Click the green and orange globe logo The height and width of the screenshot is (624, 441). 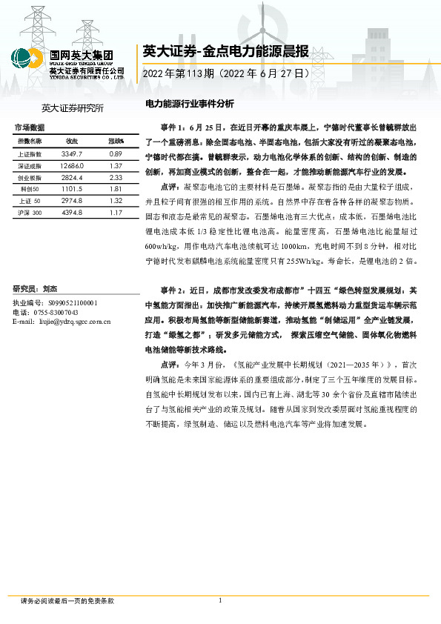pyautogui.click(x=27, y=59)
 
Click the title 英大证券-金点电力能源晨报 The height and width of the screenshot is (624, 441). pyautogui.click(x=225, y=51)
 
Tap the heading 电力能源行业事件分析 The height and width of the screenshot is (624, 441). pyautogui.click(x=189, y=104)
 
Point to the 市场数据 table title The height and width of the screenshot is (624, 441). pyautogui.click(x=30, y=128)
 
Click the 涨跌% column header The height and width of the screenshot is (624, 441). pyautogui.click(x=116, y=140)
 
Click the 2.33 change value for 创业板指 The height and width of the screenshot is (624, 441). pyautogui.click(x=115, y=177)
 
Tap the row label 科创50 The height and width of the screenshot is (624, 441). pyautogui.click(x=30, y=189)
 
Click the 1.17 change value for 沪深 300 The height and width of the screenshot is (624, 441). pyautogui.click(x=115, y=213)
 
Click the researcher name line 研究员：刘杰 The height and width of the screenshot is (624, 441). pyautogui.click(x=36, y=288)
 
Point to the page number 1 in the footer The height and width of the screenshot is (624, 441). pyautogui.click(x=220, y=600)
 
